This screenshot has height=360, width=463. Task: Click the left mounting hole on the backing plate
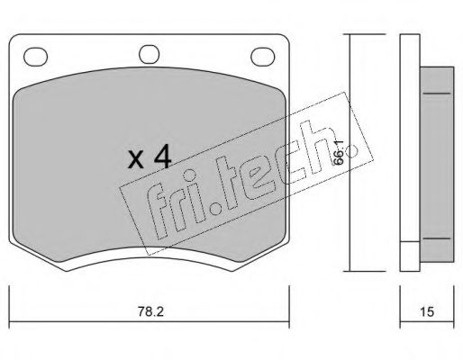(35, 57)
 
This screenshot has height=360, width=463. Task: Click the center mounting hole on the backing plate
(149, 54)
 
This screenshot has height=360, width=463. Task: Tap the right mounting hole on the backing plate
(263, 57)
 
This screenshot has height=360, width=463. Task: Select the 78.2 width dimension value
(150, 312)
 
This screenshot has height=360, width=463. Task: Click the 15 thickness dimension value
(427, 312)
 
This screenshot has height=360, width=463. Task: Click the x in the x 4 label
(135, 160)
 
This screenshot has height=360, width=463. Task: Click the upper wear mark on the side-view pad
(437, 94)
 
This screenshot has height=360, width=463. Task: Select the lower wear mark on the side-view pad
(437, 238)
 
